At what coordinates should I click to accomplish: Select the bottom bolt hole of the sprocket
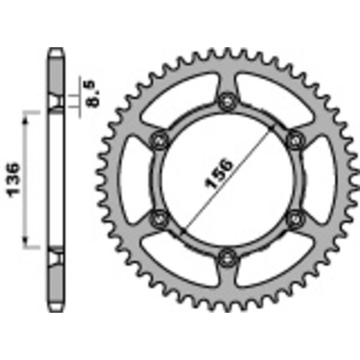pos(226,257)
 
